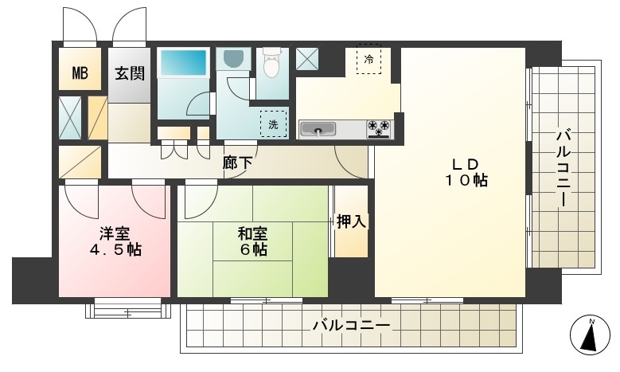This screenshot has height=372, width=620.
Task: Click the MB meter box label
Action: click(80, 72)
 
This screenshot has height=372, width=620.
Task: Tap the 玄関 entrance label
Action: click(130, 73)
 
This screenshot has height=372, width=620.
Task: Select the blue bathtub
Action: click(183, 62)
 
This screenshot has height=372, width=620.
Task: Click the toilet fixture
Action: click(271, 62)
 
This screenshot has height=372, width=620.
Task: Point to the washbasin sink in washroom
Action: click(233, 60)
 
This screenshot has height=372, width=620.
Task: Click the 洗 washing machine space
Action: click(273, 124)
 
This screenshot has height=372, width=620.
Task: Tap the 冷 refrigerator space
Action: click(369, 59)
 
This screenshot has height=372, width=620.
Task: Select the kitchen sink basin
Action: click(318, 129)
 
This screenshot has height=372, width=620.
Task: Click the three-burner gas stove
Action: click(379, 128)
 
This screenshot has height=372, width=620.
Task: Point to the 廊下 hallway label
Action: click(237, 163)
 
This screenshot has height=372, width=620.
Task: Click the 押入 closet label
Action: click(351, 221)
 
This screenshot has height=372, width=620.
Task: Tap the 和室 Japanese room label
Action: click(252, 234)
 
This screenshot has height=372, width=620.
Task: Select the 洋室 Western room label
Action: click(115, 234)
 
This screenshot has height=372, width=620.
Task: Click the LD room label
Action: click(466, 164)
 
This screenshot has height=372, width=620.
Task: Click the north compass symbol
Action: click(590, 335)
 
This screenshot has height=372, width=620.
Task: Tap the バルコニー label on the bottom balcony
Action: click(352, 325)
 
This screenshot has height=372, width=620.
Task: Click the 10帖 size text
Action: click(466, 181)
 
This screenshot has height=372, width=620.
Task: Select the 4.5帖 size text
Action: click(115, 249)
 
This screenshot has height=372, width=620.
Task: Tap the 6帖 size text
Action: click(253, 249)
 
